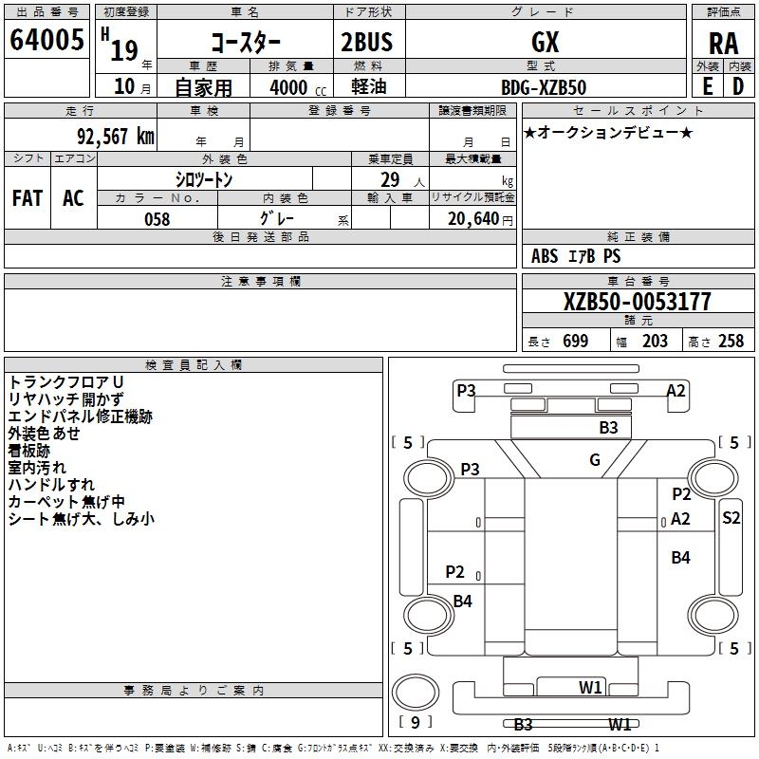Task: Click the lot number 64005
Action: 46,41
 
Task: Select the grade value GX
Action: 546,42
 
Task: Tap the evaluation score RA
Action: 723,44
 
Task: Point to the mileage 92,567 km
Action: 109,137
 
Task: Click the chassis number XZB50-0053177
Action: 637,302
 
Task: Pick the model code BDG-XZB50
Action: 544,87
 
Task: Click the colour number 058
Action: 157,219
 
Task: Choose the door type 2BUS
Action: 366,42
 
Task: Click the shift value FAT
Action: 28,198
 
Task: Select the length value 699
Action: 575,342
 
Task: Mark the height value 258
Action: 731,342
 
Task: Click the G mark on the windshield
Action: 595,460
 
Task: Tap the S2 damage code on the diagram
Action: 731,517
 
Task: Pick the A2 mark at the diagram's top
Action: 676,390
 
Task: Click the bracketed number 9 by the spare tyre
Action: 415,719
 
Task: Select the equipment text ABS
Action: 545,256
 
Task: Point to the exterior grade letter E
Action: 708,87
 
